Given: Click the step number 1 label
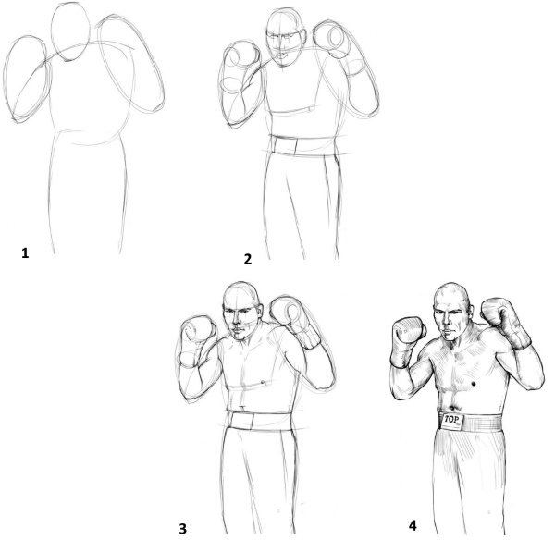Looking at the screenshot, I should click(25, 251).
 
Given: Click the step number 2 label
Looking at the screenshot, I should click(248, 259).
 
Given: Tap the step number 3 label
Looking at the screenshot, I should click(182, 528).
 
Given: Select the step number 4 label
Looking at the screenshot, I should click(413, 524).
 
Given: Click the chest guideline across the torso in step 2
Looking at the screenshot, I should click(296, 111).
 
